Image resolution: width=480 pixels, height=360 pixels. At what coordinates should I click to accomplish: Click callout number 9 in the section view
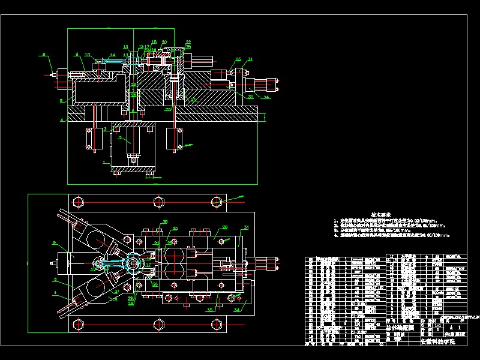[x=77, y=55]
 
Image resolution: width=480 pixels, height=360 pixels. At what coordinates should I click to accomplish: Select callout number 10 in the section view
[x=88, y=55]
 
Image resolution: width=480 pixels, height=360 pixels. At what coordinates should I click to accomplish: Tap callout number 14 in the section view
[x=112, y=55]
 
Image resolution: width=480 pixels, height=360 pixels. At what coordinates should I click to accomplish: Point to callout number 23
[x=238, y=59]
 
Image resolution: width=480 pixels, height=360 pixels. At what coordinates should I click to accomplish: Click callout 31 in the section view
[x=250, y=59]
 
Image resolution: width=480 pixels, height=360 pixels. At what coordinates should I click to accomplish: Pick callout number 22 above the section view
[x=188, y=42]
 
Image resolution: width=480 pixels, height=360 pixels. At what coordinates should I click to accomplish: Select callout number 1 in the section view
[x=106, y=162]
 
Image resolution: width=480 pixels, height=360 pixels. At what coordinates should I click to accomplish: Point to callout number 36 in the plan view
[x=166, y=222]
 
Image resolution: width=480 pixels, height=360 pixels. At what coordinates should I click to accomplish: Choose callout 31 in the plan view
[x=245, y=227]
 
